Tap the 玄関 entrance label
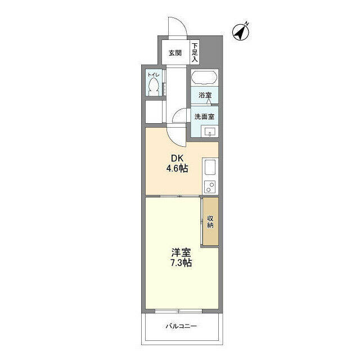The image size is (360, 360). click(175, 53)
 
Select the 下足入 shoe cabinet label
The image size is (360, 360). click(195, 52)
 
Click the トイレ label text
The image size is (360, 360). click(153, 75)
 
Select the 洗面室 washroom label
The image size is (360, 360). click(204, 117)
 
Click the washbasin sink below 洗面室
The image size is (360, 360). click(209, 132)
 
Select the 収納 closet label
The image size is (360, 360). click(210, 221)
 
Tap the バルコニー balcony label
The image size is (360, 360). click(181, 326)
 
